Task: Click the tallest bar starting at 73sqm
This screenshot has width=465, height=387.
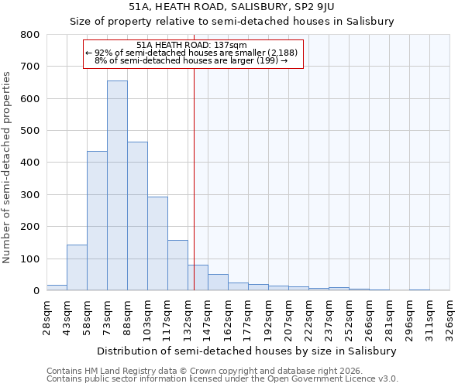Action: coord(117,186)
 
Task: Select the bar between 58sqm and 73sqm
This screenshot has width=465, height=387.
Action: coord(97,221)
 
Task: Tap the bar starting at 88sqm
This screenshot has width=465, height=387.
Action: coord(137,216)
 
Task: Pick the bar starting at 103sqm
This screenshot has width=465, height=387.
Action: coord(157,244)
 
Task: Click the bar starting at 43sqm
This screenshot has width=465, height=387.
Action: coord(77,268)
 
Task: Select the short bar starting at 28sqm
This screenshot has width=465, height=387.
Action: coord(57,287)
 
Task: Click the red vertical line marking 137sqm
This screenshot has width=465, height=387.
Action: coord(194,178)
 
